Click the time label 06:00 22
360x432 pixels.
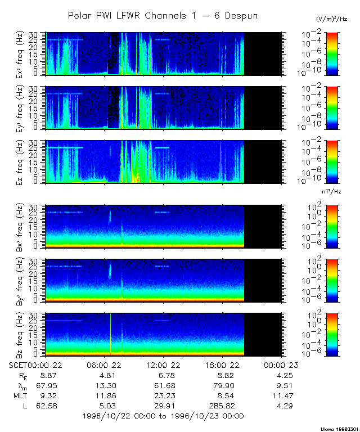(x=107, y=365)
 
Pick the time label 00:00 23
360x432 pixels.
(x=282, y=365)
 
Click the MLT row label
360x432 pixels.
(x=19, y=394)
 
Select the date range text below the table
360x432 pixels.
(x=163, y=416)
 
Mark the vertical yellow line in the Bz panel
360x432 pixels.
(x=111, y=335)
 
